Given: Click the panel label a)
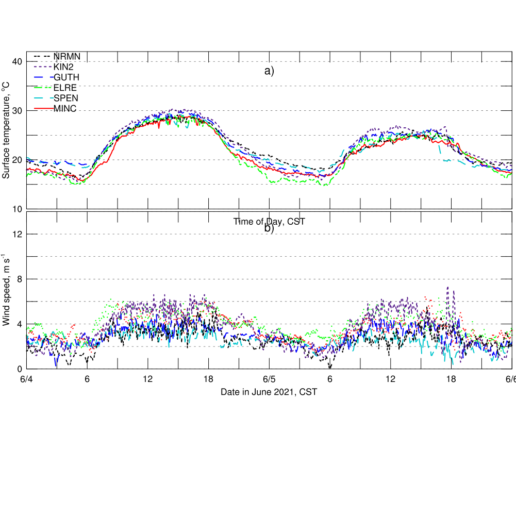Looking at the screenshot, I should (269, 71).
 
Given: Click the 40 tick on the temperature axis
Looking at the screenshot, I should (16, 62).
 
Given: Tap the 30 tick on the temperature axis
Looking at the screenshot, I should (16, 111).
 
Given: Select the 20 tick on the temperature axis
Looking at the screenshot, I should (16, 160).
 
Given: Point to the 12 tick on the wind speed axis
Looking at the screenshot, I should (16, 234).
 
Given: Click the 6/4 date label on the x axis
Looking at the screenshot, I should (27, 379).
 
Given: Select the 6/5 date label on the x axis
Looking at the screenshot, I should (269, 379).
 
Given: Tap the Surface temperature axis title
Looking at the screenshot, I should (6, 130).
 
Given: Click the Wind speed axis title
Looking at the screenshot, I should (6, 290).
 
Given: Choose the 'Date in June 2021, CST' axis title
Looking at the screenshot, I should (269, 392).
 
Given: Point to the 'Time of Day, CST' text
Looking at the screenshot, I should (269, 222).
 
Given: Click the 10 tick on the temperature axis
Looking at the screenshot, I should (16, 209).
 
